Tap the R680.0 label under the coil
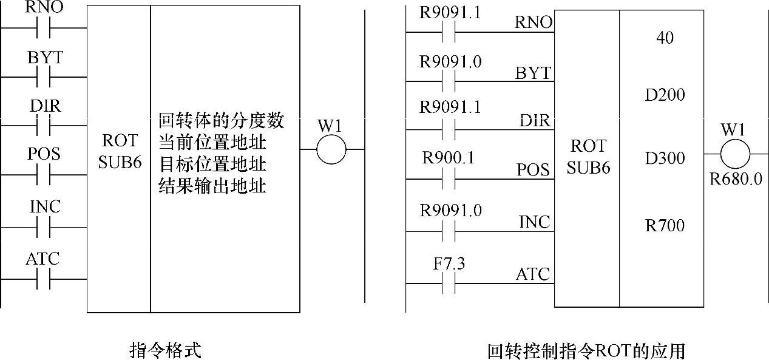[x=736, y=180]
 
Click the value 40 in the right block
[x=665, y=38]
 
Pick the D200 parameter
[x=665, y=95]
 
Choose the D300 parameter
[x=665, y=158]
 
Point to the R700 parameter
[x=665, y=226]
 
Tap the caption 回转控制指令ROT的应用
[x=586, y=351]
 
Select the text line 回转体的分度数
[x=221, y=120]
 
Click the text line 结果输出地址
[x=212, y=185]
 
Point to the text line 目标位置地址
[x=212, y=164]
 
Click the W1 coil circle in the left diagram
[x=331, y=149]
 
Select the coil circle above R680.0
[x=735, y=154]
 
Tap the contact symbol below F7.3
[x=449, y=284]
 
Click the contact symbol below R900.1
[x=449, y=178]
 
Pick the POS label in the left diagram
[x=44, y=154]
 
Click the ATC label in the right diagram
[x=534, y=274]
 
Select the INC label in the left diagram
[x=45, y=206]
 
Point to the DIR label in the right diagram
[x=535, y=120]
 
